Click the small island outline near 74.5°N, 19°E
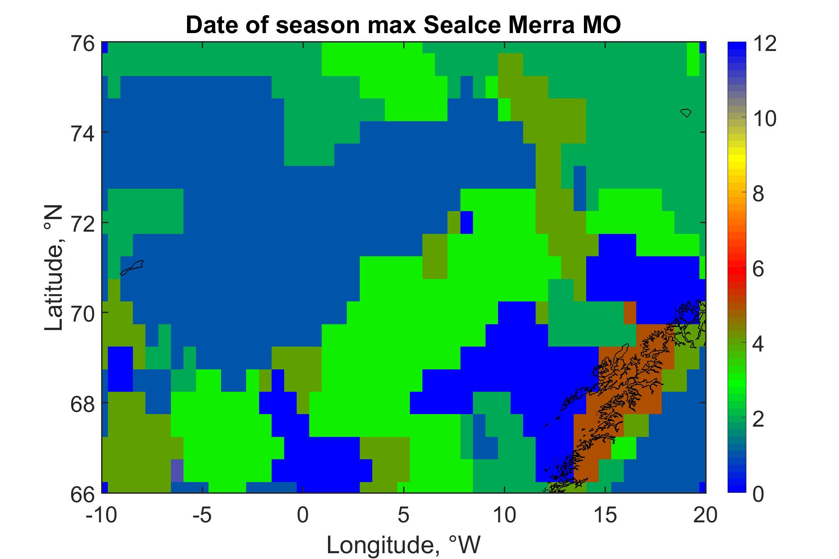pos(686,113)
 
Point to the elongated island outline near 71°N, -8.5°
pos(132,268)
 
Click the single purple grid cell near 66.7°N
pos(177,470)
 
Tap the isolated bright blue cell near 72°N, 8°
pos(467,222)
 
